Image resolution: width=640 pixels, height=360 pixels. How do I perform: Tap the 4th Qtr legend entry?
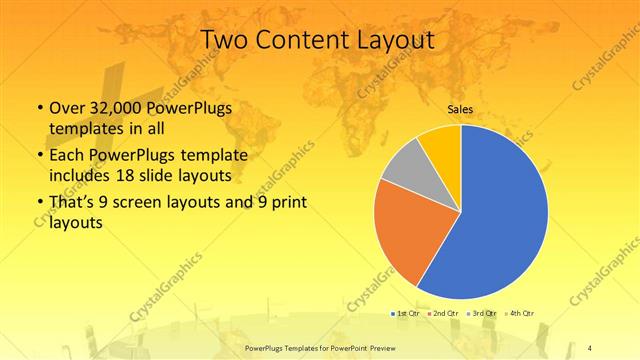click(x=521, y=313)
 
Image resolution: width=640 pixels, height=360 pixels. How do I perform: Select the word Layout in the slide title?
click(x=397, y=40)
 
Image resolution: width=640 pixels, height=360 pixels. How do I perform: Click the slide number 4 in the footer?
click(x=590, y=346)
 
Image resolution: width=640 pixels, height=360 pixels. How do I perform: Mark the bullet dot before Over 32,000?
click(x=39, y=108)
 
